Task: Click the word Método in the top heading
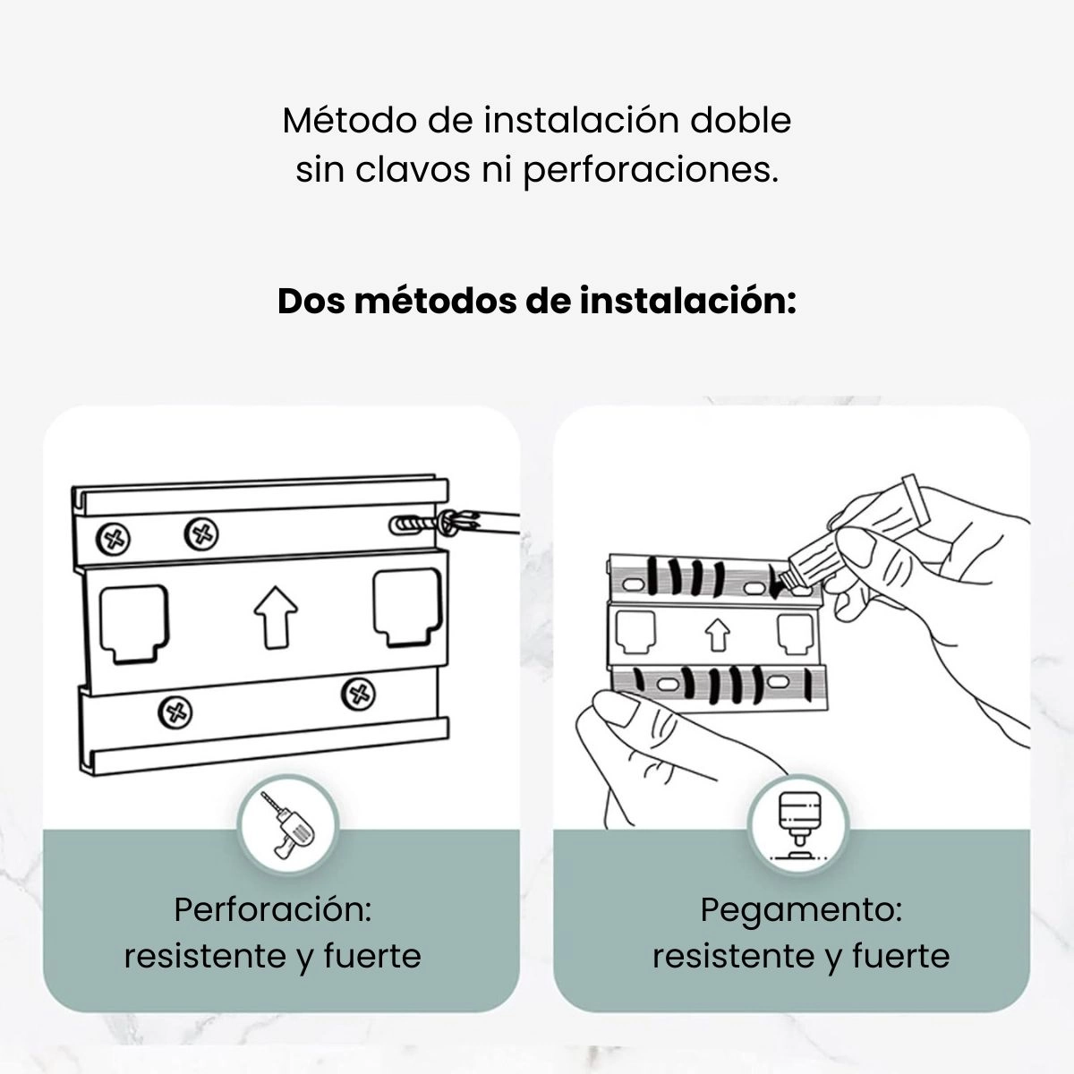(349, 120)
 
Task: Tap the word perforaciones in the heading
(650, 172)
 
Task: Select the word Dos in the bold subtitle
(311, 302)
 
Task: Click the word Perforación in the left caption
(273, 910)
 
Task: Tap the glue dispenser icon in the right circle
(799, 825)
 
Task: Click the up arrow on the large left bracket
(276, 617)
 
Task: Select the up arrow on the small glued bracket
(717, 635)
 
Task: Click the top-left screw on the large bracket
(114, 540)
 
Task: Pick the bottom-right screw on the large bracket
(358, 694)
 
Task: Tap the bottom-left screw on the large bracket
(175, 712)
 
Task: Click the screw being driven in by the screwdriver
(430, 524)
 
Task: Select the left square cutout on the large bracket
(133, 624)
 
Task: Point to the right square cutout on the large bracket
(407, 609)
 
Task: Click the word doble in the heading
(741, 120)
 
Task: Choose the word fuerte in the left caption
(372, 957)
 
